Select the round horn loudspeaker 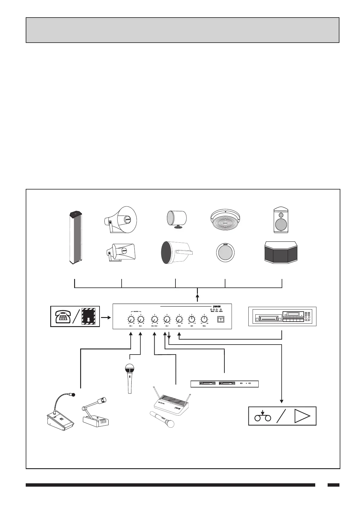121,220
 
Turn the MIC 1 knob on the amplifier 131,319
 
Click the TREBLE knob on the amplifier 204,319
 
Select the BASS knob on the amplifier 191,319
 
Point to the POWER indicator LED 221,310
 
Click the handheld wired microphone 129,378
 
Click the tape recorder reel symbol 262,417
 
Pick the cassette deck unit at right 282,316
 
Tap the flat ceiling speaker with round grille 226,253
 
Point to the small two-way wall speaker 281,220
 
